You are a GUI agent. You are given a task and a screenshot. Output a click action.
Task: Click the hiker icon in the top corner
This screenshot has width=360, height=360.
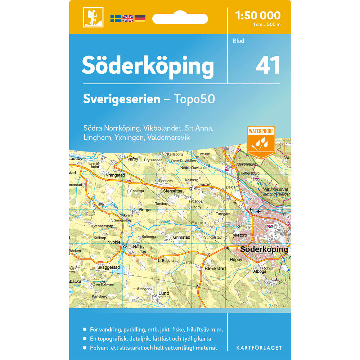pos(93,17)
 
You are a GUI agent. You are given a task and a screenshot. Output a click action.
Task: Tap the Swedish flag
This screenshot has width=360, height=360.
pos(116,19)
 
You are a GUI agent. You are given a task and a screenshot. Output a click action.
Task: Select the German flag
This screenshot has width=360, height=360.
pos(140,19)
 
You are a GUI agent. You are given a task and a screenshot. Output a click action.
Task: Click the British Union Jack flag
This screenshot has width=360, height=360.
pos(128,19)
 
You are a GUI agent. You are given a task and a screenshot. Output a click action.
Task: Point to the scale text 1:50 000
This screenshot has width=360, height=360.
pos(257,15)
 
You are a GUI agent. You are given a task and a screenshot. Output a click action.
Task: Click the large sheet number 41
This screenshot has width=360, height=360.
pos(268,66)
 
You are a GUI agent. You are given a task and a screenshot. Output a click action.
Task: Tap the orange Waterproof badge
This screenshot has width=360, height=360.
pos(261,141)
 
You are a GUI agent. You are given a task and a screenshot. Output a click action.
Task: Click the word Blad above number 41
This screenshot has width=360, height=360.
pos(238,41)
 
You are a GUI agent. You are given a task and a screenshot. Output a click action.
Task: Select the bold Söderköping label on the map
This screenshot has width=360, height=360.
pos(264,249)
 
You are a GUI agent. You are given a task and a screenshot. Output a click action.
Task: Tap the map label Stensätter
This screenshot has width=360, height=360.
pos(173,191)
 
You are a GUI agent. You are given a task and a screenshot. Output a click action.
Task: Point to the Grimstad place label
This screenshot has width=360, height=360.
pos(181,238)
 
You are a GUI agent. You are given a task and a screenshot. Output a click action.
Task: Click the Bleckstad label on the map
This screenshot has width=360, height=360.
pos(215,269)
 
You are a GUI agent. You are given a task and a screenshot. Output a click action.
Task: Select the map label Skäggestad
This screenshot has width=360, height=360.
pos(108,267)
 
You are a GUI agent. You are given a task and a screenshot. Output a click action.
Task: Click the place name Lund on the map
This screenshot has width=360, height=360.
pos(164,294)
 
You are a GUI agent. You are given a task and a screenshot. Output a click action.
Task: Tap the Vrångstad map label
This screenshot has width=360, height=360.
pos(115,175)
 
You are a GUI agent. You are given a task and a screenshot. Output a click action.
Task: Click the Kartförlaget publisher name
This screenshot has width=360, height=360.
pos(259,348)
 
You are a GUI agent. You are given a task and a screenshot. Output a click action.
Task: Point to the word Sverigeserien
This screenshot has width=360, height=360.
pos(122,99)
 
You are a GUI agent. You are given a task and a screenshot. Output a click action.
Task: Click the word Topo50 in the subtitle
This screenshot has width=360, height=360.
pos(194,99)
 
